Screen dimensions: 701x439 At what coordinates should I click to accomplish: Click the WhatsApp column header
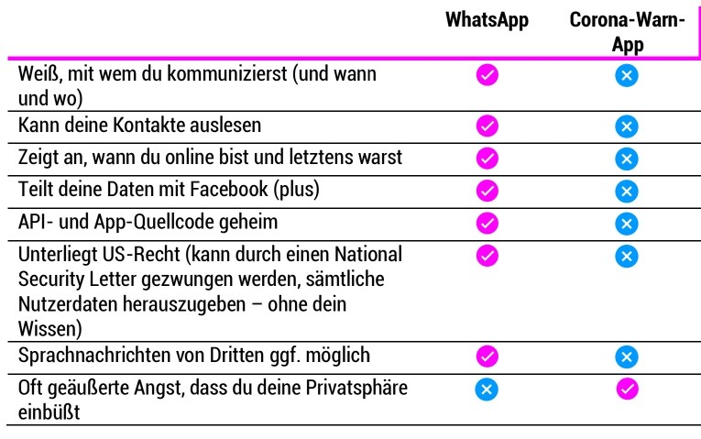(x=487, y=20)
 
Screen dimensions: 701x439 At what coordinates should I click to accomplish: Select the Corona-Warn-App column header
(x=627, y=32)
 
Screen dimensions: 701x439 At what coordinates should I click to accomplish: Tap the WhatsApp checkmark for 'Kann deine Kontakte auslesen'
(x=487, y=126)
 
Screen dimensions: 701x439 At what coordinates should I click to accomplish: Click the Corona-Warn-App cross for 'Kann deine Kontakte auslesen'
(x=627, y=126)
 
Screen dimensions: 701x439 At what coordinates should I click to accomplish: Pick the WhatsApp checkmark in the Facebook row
(x=487, y=191)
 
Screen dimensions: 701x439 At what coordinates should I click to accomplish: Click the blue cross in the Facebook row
(x=627, y=192)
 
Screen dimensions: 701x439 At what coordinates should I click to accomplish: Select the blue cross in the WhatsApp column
(x=487, y=389)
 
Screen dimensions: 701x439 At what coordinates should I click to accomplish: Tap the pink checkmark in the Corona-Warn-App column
(x=627, y=389)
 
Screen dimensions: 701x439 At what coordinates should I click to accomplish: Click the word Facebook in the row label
(x=229, y=189)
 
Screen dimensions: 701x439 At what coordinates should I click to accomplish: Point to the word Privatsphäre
(x=356, y=388)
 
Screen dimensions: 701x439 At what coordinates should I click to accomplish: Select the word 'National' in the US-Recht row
(x=368, y=254)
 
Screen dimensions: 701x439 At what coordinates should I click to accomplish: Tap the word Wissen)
(x=50, y=329)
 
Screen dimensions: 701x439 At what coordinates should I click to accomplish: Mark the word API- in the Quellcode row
(x=32, y=222)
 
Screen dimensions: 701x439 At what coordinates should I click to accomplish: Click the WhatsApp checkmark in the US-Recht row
(x=487, y=256)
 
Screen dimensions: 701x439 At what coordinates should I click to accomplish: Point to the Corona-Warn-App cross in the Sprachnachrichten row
(x=627, y=357)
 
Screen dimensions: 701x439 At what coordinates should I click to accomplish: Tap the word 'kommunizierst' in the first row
(x=226, y=73)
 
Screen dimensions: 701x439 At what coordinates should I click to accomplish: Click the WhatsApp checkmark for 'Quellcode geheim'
(x=487, y=223)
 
